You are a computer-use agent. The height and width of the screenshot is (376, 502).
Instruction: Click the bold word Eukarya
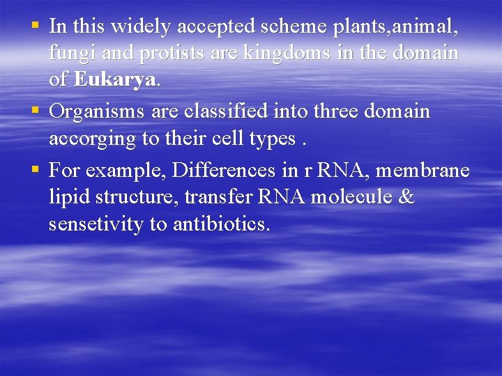point(116,80)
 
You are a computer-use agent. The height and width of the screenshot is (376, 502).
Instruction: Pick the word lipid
point(66,197)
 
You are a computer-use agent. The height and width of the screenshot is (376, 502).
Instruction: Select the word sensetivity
point(97,224)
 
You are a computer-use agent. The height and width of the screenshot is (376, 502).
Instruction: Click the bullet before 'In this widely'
point(35,26)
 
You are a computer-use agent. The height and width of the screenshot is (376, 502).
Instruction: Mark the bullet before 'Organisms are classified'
point(35,111)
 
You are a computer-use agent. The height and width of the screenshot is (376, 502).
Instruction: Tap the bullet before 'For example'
point(35,169)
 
